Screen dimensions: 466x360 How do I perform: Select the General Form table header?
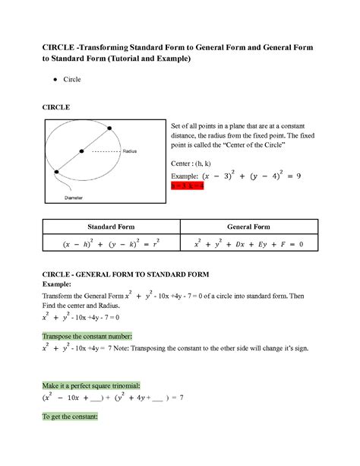tap(248, 227)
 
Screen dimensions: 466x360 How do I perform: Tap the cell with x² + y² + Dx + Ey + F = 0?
tap(248, 243)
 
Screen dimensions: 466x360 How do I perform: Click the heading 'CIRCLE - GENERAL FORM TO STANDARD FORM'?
tap(133, 272)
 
